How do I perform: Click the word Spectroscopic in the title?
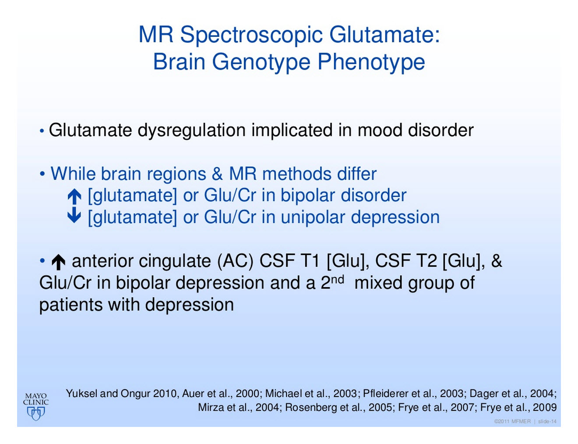point(251,36)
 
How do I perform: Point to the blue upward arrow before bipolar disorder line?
point(74,197)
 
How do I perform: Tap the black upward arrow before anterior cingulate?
point(58,262)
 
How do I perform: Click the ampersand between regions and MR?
point(217,174)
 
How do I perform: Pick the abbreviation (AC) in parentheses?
point(235,261)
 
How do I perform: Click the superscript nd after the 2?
point(338,280)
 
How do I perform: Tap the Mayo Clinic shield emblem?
point(36,413)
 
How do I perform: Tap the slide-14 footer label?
point(547,421)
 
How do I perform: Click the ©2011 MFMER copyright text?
point(512,421)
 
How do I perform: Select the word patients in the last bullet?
point(71,305)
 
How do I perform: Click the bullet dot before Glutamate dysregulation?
point(42,131)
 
